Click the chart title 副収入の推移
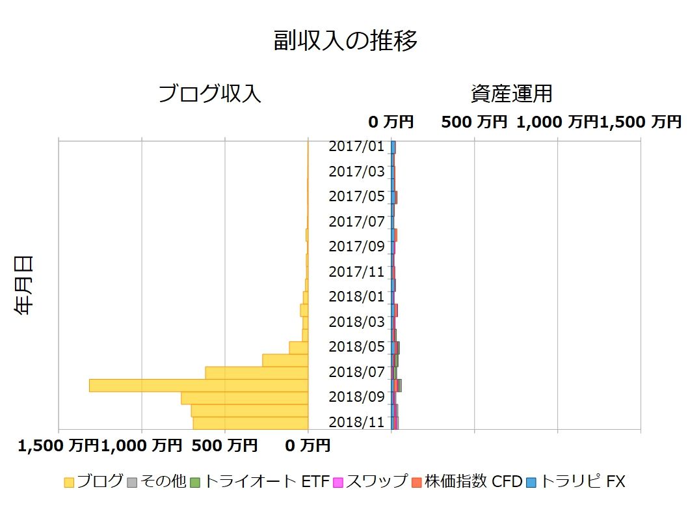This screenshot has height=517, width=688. pyautogui.click(x=345, y=41)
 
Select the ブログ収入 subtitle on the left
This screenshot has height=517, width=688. pyautogui.click(x=209, y=94)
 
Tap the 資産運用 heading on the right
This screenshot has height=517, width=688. pyautogui.click(x=511, y=94)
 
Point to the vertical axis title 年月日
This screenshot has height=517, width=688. pyautogui.click(x=24, y=285)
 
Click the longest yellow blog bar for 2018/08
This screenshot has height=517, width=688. pyautogui.click(x=198, y=385)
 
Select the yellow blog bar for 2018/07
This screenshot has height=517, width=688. pyautogui.click(x=256, y=372)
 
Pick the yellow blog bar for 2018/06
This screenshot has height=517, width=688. pyautogui.click(x=285, y=360)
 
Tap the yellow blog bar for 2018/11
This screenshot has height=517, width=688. pyautogui.click(x=250, y=423)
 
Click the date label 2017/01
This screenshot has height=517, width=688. pyautogui.click(x=356, y=147)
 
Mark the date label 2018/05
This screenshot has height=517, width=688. pyautogui.click(x=356, y=346)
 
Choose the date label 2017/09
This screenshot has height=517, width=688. pyautogui.click(x=356, y=246)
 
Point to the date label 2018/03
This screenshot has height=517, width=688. pyautogui.click(x=356, y=322)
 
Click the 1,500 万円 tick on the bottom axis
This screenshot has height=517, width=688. pyautogui.click(x=59, y=446)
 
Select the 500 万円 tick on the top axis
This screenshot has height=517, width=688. pyautogui.click(x=474, y=122)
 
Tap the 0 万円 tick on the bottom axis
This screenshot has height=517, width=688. pyautogui.click(x=308, y=446)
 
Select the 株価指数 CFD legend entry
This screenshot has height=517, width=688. pyautogui.click(x=466, y=482)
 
